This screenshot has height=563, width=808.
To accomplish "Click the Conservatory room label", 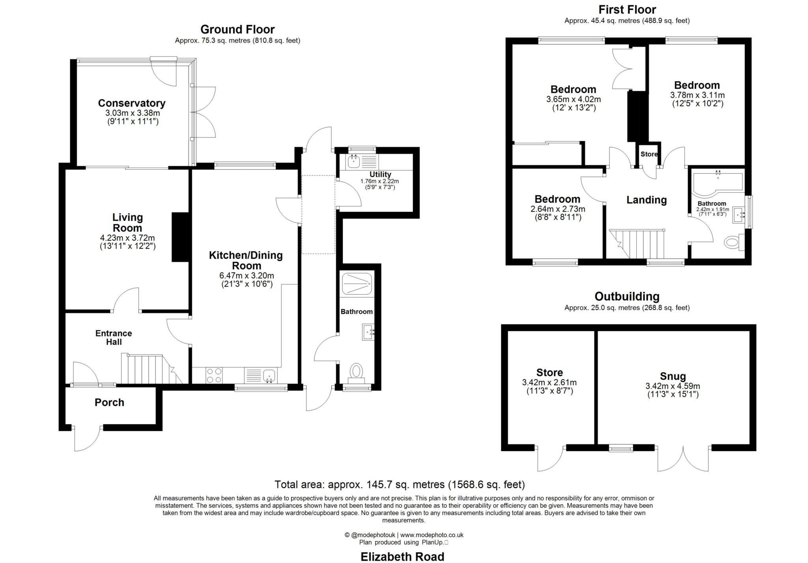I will tap(131, 103).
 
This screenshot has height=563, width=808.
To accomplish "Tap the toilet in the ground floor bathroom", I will tap(356, 372).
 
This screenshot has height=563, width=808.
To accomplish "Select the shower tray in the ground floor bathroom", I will tap(356, 283).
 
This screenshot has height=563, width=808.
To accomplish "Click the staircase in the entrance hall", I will tap(150, 369).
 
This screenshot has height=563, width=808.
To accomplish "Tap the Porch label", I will tap(109, 402).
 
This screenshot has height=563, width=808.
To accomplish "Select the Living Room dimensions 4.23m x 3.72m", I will tap(127, 238).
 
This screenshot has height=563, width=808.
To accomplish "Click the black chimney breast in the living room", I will tap(181, 237).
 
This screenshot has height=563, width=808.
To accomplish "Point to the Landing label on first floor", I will tap(646, 200).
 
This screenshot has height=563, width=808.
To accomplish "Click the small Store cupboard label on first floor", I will tap(649, 154).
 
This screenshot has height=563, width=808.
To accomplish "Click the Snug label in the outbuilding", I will tap(673, 376).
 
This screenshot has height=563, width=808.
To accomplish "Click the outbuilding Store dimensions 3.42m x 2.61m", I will tap(549, 382).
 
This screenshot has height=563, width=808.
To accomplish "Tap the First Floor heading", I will tap(627, 9).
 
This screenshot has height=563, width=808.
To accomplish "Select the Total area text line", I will tap(399, 484).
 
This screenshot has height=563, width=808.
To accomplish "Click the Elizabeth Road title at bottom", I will tap(402, 556).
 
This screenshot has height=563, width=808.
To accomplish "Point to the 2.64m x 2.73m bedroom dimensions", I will tap(557, 209).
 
